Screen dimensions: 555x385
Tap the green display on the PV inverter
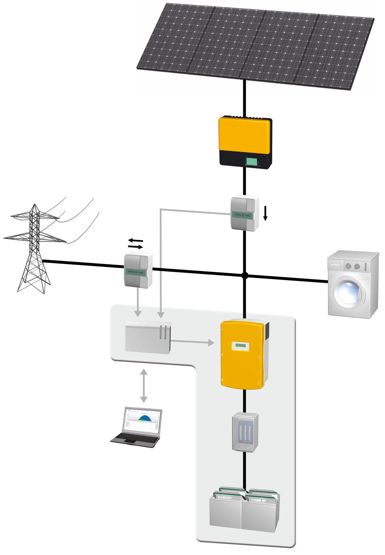[251, 162]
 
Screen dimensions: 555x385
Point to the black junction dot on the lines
[245, 276]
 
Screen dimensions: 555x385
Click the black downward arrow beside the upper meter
[265, 213]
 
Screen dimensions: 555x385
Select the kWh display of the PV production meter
[242, 215]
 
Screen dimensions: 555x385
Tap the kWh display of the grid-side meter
[135, 272]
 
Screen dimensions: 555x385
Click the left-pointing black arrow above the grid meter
[135, 241]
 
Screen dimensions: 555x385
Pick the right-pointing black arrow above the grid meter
[136, 247]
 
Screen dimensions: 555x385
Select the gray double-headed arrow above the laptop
[143, 385]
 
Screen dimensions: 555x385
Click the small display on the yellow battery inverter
[240, 345]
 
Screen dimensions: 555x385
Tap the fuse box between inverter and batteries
[245, 431]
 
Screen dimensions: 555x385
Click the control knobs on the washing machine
[352, 266]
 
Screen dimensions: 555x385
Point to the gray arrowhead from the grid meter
[138, 314]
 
